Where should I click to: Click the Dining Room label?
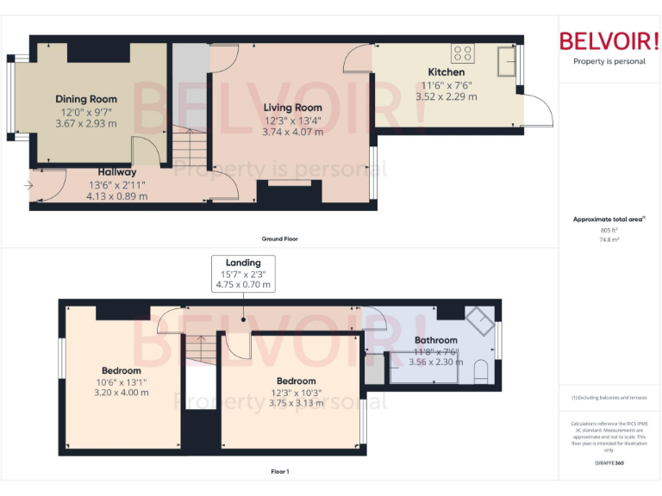coord(86,99)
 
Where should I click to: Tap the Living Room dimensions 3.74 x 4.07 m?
coord(292,132)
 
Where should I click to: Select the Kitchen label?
coord(447,72)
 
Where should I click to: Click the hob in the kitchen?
coord(462,50)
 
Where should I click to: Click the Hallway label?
coord(116,172)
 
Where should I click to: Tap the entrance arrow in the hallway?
coord(30,184)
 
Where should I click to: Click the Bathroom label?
coord(435,341)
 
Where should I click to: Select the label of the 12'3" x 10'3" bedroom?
coord(296,381)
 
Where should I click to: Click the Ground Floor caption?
coord(280,239)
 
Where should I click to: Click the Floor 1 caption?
coord(280,471)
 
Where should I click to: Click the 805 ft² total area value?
coord(609,230)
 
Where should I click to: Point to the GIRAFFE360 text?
coord(609,463)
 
